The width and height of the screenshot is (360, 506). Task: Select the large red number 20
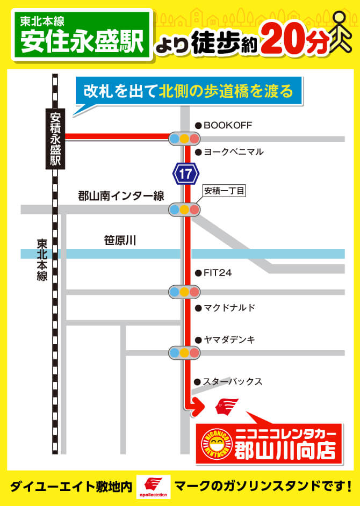coord(284,39)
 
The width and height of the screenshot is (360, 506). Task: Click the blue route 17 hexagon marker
coord(185,174)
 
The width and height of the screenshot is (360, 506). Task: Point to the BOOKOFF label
coord(227,125)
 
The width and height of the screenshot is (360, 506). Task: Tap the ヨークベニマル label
coord(233,152)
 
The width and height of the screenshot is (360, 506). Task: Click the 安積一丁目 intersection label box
coord(224,191)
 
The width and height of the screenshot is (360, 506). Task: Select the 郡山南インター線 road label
coord(121,196)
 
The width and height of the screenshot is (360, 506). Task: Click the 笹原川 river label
coord(120,240)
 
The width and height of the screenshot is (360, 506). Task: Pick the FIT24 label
coord(217,273)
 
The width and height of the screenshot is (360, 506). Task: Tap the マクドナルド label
coord(229,308)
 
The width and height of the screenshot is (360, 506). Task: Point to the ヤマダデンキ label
coord(229,339)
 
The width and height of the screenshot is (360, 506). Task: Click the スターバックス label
coord(232,382)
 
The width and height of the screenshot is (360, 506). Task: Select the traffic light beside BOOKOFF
coord(184,139)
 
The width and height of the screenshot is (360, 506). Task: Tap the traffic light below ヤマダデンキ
coord(184,353)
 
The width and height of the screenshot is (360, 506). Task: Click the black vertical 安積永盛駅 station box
coord(56,139)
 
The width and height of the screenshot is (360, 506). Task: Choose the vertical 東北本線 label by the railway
coord(42,260)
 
